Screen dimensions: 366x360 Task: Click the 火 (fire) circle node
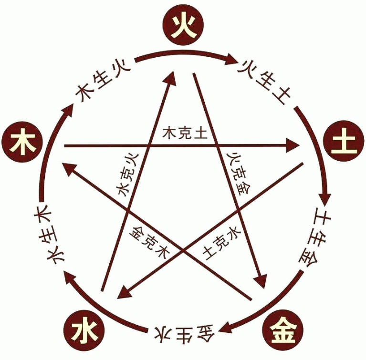tap(183, 25)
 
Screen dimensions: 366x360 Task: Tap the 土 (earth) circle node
tap(344, 141)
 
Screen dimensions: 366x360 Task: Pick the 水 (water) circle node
tap(84, 330)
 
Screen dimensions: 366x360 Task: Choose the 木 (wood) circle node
tap(22, 142)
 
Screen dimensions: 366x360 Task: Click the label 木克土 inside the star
tap(185, 133)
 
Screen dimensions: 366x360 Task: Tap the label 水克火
tap(127, 175)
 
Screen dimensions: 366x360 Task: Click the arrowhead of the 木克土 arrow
tap(293, 145)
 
